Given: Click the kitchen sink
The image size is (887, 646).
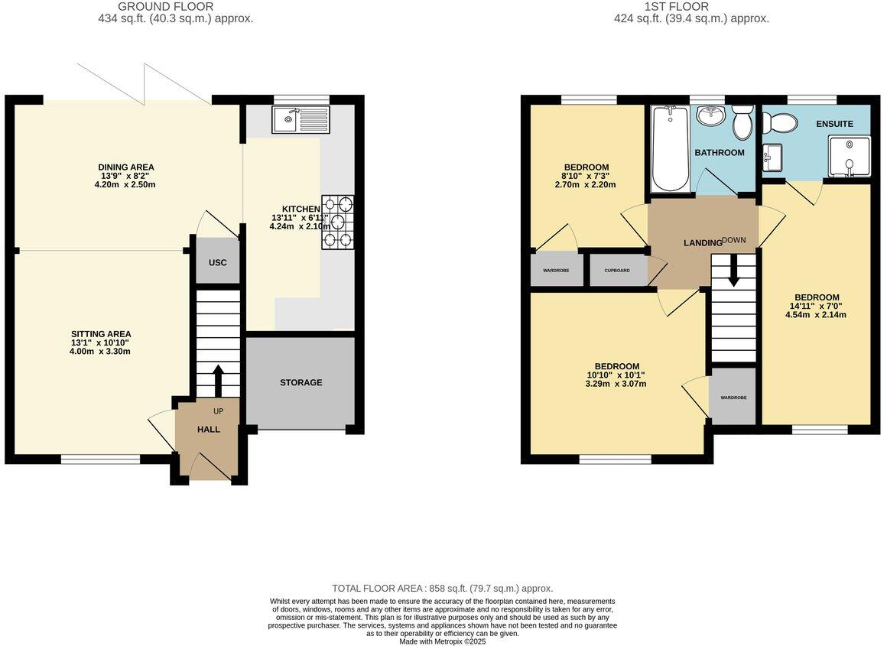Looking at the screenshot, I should tap(301, 118).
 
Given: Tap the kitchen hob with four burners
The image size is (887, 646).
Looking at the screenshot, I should tap(338, 222).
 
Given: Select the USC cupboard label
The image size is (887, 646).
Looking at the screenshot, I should tap(217, 262).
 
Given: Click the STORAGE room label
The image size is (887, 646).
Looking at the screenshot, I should tap(301, 382).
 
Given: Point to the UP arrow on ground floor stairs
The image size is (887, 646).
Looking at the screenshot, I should tap(217, 378).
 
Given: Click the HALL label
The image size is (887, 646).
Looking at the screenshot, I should tap(209, 430).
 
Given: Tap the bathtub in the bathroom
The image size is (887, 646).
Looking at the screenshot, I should tap(671, 148).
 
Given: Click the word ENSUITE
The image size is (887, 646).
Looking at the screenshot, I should tap(834, 124).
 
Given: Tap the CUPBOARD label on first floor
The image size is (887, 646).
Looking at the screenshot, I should tap(616, 271).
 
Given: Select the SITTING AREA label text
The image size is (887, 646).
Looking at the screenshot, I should tap(101, 334).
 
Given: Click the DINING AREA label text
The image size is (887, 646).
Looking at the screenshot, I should tap(126, 167).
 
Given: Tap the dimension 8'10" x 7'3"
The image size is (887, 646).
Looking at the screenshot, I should tap(586, 176).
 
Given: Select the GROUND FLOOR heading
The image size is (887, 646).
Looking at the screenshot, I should tap(165, 7).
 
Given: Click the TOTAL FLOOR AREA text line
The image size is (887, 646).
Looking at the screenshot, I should tap(442, 589).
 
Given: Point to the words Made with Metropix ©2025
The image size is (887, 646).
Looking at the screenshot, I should tap(442, 641).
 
